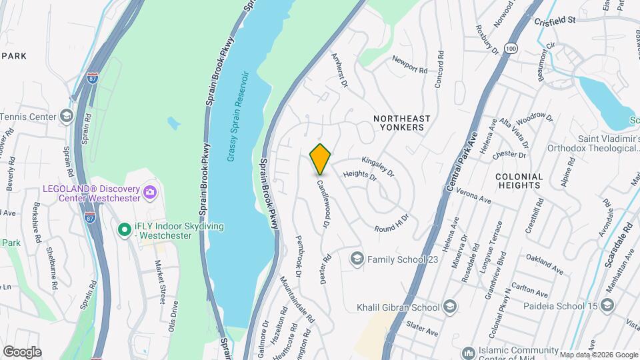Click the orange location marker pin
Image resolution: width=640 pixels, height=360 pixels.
[x=321, y=159]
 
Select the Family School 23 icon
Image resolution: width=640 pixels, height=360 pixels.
[x=357, y=258]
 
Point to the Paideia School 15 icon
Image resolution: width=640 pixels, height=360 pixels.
[x=607, y=305]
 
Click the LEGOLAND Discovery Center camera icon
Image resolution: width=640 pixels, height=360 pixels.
[x=150, y=193]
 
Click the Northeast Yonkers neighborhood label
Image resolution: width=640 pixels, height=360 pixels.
[x=398, y=123]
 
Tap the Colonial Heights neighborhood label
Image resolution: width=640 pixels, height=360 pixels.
[x=519, y=181]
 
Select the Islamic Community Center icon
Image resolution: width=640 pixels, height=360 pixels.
[x=467, y=351]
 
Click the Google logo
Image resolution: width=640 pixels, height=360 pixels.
[x=22, y=351]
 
